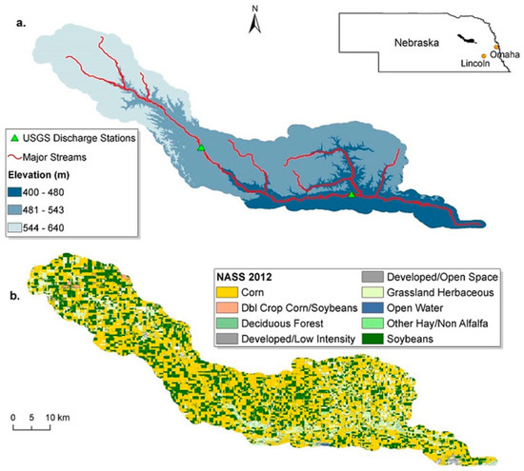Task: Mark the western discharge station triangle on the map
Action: pyautogui.click(x=200, y=148)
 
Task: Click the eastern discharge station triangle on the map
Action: pyautogui.click(x=352, y=195)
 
